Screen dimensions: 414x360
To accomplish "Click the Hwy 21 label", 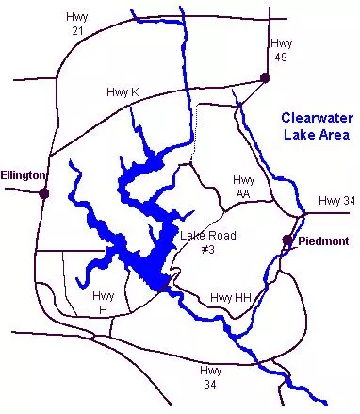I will (75, 24).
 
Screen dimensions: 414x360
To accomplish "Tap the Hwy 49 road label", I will (281, 50).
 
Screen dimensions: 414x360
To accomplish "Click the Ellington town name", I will (24, 175).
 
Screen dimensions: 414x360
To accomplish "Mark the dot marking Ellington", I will (43, 193).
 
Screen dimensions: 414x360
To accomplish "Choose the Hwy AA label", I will (244, 185).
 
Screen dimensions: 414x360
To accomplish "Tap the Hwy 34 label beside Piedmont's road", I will (335, 200).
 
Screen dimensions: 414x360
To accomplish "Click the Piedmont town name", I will (322, 241).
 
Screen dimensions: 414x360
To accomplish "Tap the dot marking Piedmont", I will (287, 240).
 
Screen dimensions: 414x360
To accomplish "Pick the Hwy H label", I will (105, 302).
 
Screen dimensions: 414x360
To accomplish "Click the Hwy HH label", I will (233, 298).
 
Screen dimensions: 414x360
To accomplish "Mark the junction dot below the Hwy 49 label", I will (266, 81).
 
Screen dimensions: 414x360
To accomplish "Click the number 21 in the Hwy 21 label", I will (76, 30).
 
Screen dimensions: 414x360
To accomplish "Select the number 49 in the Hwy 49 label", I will (281, 57).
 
